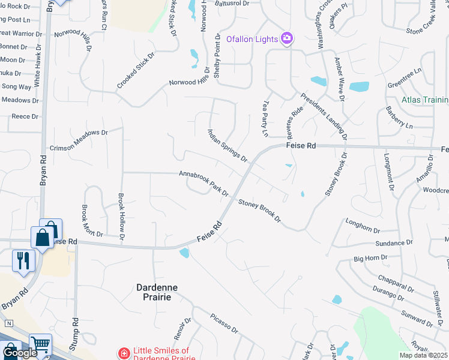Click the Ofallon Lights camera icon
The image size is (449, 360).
(287, 38)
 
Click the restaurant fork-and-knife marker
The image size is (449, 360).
(23, 260)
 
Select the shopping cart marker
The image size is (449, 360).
(40, 346)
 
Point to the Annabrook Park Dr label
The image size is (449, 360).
(203, 183)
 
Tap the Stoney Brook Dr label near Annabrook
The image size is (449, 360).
(259, 211)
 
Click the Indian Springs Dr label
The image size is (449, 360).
(228, 145)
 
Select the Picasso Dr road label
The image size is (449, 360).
(224, 323)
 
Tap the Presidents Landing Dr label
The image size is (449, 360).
(324, 116)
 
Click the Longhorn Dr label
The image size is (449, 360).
(363, 226)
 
